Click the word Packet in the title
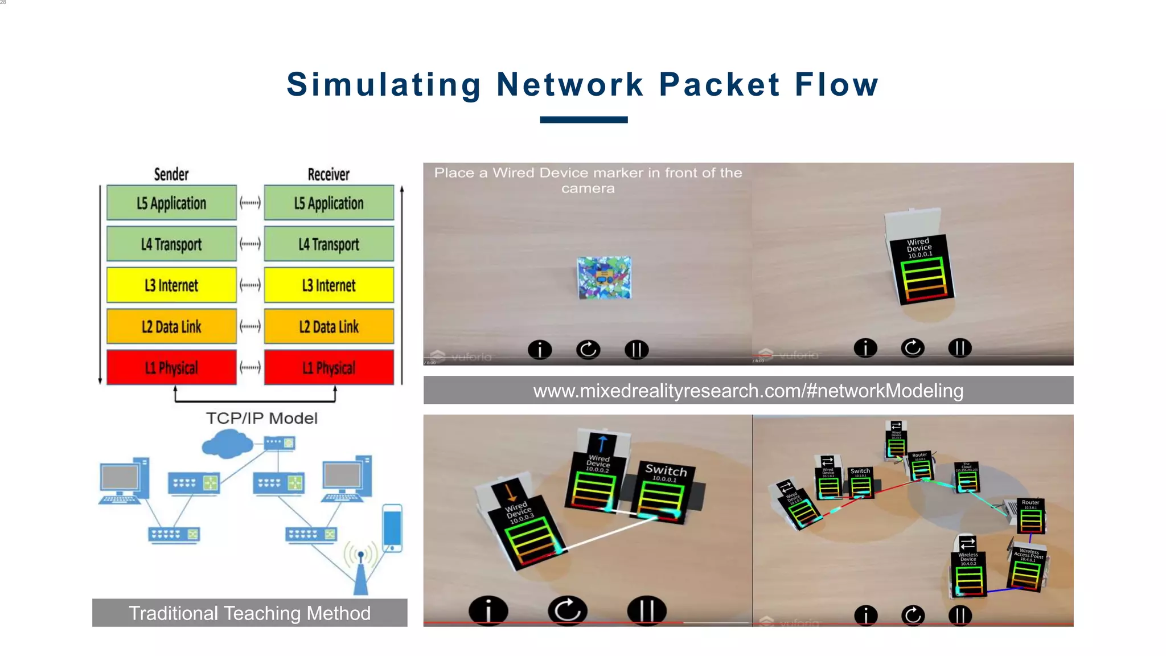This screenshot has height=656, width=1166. (719, 85)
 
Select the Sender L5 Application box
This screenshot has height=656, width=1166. (171, 203)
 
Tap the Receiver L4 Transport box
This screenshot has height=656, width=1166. (329, 244)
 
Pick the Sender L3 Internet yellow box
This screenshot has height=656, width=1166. (171, 285)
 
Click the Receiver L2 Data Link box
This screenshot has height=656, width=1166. (329, 326)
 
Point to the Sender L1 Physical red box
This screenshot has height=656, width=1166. (171, 367)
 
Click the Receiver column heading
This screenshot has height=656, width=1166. (329, 174)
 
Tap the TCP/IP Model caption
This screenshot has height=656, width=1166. (261, 418)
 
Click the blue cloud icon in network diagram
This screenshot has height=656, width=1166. (227, 444)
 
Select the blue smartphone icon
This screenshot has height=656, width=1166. (392, 528)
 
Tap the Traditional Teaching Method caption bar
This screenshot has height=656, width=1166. (249, 613)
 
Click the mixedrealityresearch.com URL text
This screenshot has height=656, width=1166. (748, 391)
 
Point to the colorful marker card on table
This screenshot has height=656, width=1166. (604, 277)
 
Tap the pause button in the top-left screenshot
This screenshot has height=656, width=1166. (637, 349)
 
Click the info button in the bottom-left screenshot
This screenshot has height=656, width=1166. (488, 610)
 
